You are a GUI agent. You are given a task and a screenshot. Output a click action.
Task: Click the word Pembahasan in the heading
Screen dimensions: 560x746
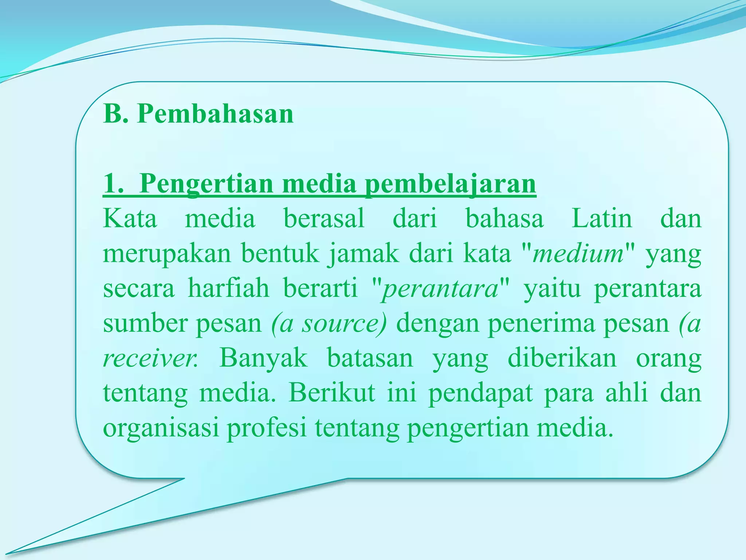coord(215,114)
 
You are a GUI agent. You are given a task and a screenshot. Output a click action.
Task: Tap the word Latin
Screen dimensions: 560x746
coord(602,219)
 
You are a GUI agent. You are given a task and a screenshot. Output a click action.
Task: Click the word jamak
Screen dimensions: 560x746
coord(363,254)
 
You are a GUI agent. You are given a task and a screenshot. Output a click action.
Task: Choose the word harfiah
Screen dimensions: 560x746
coord(228,288)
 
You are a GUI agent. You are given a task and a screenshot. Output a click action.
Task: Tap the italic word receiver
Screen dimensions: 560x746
coord(149,359)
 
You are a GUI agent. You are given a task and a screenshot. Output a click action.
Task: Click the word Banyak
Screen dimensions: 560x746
coord(263,358)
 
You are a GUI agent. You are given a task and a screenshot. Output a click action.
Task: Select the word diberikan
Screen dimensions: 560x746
coord(562,358)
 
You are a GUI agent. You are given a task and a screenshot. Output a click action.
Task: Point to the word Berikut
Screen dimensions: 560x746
coord(332,393)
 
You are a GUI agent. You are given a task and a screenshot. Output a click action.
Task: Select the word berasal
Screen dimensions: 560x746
coord(324,219)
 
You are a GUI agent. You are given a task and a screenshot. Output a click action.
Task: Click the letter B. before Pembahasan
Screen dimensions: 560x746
coord(115,114)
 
